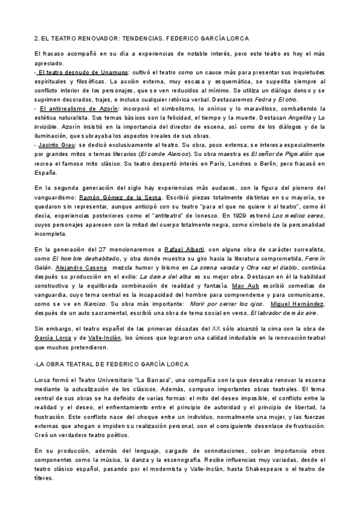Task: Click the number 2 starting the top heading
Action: coord(36,38)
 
